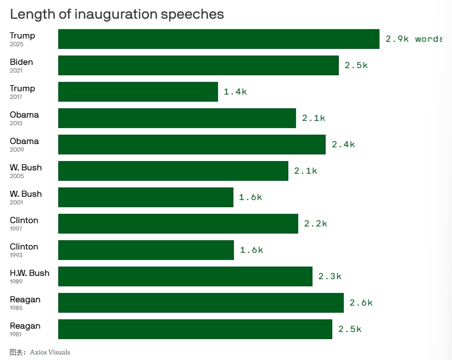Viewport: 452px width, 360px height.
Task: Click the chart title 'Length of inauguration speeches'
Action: pos(117,14)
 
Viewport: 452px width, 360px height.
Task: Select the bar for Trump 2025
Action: pos(219,39)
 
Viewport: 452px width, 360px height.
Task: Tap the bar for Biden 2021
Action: pos(198,65)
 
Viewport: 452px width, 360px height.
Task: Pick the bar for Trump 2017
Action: pos(138,92)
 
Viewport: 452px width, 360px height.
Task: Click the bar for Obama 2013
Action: pos(177,118)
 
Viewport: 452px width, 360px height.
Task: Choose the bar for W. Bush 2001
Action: pos(146,197)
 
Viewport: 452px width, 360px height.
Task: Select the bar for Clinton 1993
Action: pos(146,250)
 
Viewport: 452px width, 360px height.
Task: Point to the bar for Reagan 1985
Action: pos(201,303)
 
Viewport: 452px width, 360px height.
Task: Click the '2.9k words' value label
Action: pos(414,39)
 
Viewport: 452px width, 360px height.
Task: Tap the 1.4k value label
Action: pos(235,92)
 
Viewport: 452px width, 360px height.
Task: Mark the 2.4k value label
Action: pos(343,145)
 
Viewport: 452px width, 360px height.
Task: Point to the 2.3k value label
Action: pos(330,276)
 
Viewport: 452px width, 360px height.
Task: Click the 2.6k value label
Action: pos(361,303)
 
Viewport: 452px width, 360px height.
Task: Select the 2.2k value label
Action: pos(315,224)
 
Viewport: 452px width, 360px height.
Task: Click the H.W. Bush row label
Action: pos(30,273)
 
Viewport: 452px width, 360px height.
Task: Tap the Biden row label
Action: pos(21,62)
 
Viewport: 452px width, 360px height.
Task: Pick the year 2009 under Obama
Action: pos(16,149)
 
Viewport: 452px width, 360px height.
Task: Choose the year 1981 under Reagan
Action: pos(16,334)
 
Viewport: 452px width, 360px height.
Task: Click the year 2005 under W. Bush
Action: pos(16,176)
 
